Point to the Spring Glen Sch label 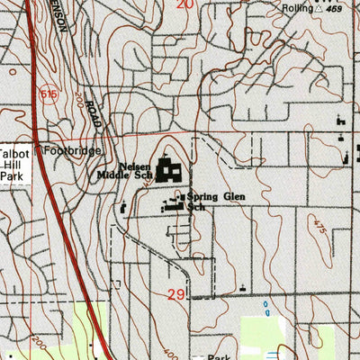coord(208,202)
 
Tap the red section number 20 coord(185,4)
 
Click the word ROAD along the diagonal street coord(92,116)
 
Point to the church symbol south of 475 coord(242,286)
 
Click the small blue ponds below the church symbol coord(267,310)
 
